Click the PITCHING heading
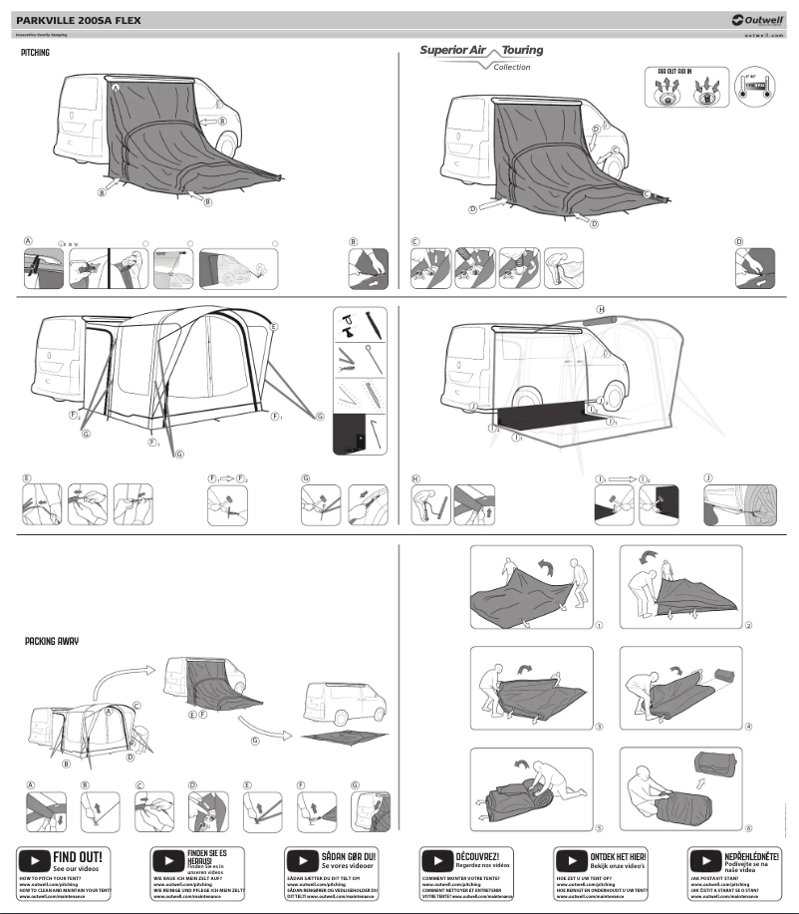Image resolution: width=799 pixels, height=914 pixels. coord(36,52)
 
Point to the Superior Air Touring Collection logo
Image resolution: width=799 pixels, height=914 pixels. coord(480,56)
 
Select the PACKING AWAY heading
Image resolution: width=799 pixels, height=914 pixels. coord(52,642)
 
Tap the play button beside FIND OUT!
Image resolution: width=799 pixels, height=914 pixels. coord(35,859)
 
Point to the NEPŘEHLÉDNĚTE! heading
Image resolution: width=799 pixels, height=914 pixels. coord(752,855)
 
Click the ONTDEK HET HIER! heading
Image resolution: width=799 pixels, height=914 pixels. coord(619,855)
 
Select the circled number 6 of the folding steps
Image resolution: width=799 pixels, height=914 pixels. coord(748,827)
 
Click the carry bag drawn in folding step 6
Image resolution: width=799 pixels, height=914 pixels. coord(714,769)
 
